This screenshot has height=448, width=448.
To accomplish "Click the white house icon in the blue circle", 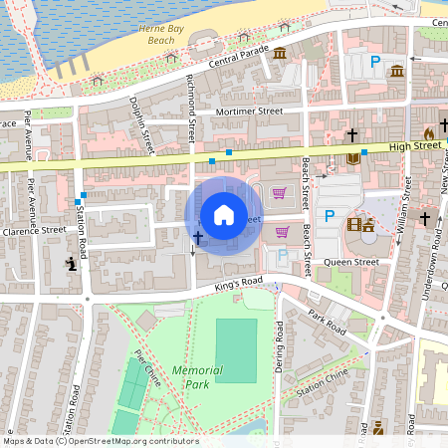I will (224, 215).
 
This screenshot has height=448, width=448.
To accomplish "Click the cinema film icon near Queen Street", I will (354, 224).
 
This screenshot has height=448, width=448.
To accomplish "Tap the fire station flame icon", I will (429, 131).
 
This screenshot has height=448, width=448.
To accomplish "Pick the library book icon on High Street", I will (352, 158).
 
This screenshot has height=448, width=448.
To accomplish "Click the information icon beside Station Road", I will (71, 264).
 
